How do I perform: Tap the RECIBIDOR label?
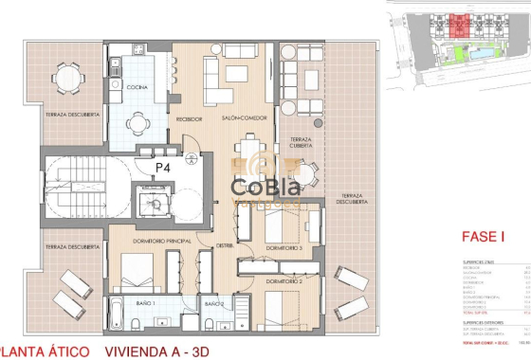[190, 118]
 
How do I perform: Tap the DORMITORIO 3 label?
[284, 247]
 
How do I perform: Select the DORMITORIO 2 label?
[284, 281]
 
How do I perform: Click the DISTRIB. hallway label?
[225, 245]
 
